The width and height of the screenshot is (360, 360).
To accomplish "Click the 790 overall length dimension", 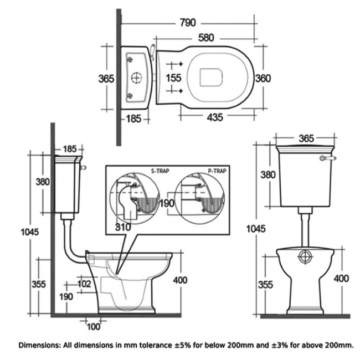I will (188, 23).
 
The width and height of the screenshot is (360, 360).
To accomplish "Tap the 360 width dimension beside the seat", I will (263, 79).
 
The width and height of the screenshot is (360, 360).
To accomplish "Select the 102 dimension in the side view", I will (84, 284).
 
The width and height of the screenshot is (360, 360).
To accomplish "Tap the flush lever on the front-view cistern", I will (326, 158).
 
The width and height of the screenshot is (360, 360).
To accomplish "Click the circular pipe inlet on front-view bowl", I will (304, 258).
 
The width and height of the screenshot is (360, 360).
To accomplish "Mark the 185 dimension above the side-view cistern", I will (69, 148).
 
